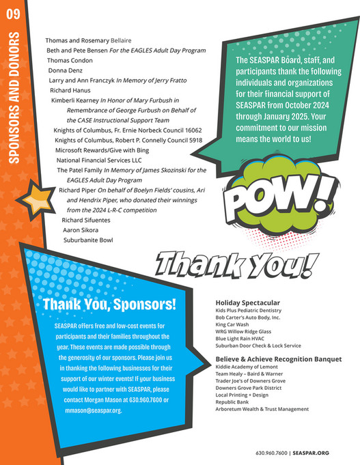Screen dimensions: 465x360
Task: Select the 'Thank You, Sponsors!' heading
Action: click(x=109, y=304)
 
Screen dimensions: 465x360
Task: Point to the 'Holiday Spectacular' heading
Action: click(x=247, y=302)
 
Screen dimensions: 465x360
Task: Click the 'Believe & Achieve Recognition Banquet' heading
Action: click(x=269, y=357)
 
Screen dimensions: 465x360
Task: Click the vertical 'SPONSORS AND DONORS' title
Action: click(x=13, y=106)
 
